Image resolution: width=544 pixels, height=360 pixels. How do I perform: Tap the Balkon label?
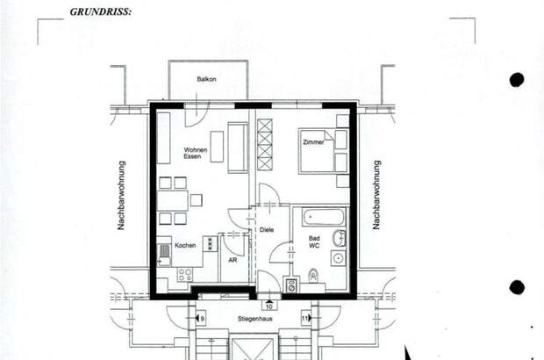pyautogui.click(x=207, y=79)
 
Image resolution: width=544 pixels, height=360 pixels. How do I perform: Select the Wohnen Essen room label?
pyautogui.click(x=195, y=155)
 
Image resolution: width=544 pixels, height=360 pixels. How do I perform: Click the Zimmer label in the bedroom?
pyautogui.click(x=313, y=141)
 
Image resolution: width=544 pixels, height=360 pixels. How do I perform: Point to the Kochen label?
pyautogui.click(x=185, y=245)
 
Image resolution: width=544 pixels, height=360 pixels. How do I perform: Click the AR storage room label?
pyautogui.click(x=232, y=261)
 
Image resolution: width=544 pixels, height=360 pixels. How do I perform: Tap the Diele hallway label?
pyautogui.click(x=267, y=230)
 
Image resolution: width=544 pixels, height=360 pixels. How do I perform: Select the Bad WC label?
pyautogui.click(x=313, y=242)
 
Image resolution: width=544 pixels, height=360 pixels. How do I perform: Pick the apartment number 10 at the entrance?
pyautogui.click(x=268, y=306)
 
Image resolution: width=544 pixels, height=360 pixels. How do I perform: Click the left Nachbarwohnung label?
pyautogui.click(x=122, y=195)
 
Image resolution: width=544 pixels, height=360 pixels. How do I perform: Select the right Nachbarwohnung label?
pyautogui.click(x=376, y=195)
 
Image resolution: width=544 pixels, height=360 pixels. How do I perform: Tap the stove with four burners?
pyautogui.click(x=185, y=275)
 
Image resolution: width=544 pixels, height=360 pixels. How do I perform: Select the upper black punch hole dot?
pyautogui.click(x=517, y=80)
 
